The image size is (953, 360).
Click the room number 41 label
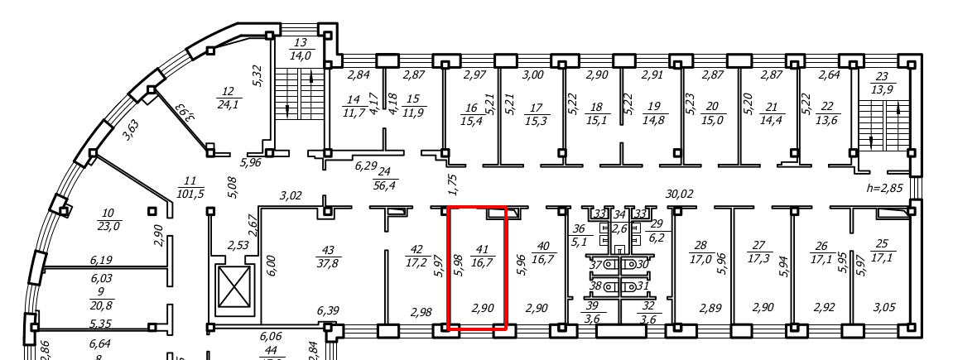pyautogui.click(x=479, y=248)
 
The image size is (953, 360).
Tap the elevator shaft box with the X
pyautogui.click(x=234, y=290)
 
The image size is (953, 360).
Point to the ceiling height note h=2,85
pyautogui.click(x=883, y=188)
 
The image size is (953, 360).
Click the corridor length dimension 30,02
pyautogui.click(x=679, y=194)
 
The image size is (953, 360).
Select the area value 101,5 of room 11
pyautogui.click(x=190, y=194)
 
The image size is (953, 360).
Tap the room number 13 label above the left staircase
pyautogui.click(x=300, y=43)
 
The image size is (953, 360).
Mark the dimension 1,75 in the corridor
pyautogui.click(x=452, y=184)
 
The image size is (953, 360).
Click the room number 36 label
pyautogui.click(x=579, y=230)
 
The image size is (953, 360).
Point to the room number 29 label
pyautogui.click(x=657, y=224)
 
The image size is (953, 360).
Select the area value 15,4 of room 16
pyautogui.click(x=471, y=121)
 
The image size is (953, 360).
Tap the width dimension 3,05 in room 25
pyautogui.click(x=885, y=308)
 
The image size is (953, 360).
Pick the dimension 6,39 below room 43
pyautogui.click(x=328, y=310)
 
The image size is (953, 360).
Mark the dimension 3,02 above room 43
pyautogui.click(x=290, y=196)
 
